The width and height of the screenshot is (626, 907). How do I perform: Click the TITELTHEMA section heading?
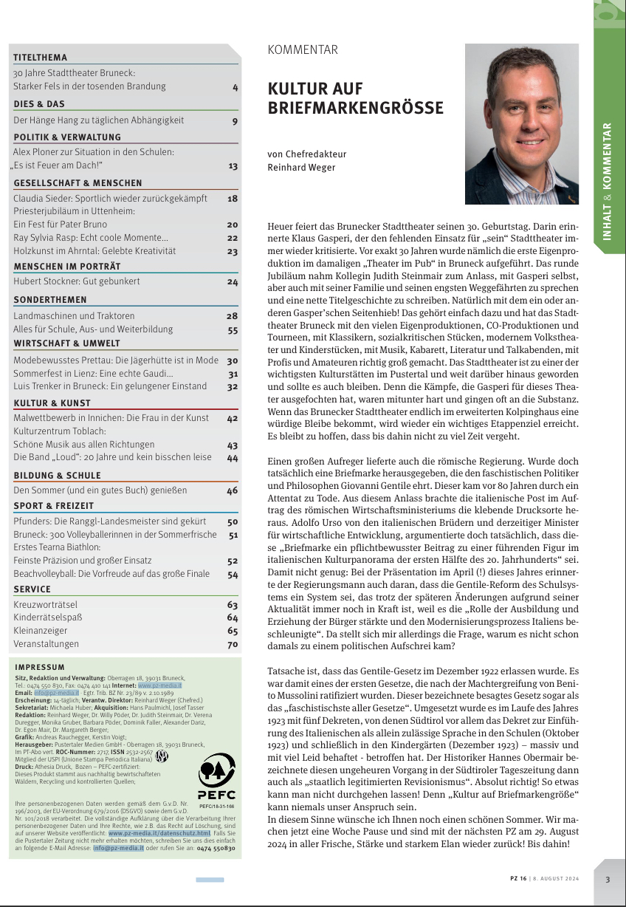click(40, 58)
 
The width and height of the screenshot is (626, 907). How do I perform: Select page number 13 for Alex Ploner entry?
click(233, 166)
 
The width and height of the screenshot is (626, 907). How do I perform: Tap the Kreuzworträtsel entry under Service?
click(45, 604)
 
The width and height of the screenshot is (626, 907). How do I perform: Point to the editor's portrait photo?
click(521, 124)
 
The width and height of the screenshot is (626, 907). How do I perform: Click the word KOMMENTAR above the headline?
click(303, 50)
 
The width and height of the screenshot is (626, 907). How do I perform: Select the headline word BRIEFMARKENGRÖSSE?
click(355, 109)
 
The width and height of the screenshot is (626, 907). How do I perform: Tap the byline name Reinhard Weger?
click(300, 168)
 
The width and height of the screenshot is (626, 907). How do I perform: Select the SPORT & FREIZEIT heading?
click(53, 506)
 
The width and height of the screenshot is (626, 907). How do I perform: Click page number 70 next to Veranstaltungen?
click(233, 644)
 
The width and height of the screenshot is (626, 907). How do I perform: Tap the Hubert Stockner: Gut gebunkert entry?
click(76, 281)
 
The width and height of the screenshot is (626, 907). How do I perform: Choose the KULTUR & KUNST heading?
click(52, 403)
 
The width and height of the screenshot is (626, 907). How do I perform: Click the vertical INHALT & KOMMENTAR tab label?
click(607, 180)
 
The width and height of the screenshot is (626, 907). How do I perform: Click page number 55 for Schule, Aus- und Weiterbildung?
click(233, 330)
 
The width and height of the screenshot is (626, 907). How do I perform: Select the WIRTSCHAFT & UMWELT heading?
click(66, 343)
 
